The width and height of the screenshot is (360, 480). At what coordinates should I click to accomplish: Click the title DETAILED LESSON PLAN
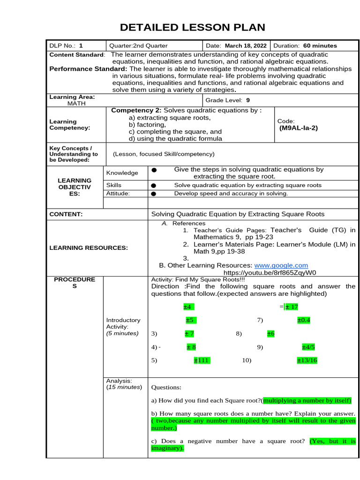[x=192, y=27]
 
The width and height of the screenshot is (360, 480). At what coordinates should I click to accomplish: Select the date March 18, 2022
[x=246, y=45]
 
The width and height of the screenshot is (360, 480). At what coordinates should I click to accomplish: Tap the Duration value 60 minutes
[x=320, y=45]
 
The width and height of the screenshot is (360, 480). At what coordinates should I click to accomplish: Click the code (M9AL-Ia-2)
[x=298, y=127]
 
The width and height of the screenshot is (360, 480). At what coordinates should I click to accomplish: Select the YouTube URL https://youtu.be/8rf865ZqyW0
[x=270, y=272]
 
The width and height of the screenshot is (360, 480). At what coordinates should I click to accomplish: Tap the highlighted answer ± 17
[x=292, y=307]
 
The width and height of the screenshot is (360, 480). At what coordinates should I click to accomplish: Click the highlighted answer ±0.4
[x=304, y=320]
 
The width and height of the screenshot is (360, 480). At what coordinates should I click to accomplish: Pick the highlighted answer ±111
[x=202, y=360]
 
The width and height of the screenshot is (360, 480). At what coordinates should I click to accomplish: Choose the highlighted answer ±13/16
[x=307, y=360]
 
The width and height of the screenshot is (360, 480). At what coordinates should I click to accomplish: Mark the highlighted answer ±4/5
[x=308, y=347]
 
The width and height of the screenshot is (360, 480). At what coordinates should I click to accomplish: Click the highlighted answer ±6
[x=270, y=334]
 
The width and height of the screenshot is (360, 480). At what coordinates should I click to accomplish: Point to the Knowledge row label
[x=122, y=173]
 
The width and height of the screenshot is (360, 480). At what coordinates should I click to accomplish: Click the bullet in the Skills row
[x=153, y=186]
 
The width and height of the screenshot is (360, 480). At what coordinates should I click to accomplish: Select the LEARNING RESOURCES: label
[x=89, y=247]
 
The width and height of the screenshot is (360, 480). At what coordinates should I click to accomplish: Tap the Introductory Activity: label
[x=123, y=323]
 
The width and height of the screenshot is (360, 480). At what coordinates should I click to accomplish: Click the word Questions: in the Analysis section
[x=166, y=388]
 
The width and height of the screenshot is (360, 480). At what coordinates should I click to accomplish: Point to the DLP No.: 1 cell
[x=66, y=45]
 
